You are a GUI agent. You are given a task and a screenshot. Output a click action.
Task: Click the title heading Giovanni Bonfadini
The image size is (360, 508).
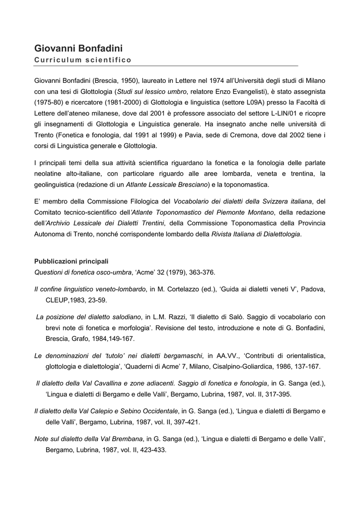(x=78, y=48)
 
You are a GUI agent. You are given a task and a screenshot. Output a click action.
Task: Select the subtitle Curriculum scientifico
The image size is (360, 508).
(x=82, y=60)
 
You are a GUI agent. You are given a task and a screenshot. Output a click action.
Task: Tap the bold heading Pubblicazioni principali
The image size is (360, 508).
(x=71, y=261)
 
